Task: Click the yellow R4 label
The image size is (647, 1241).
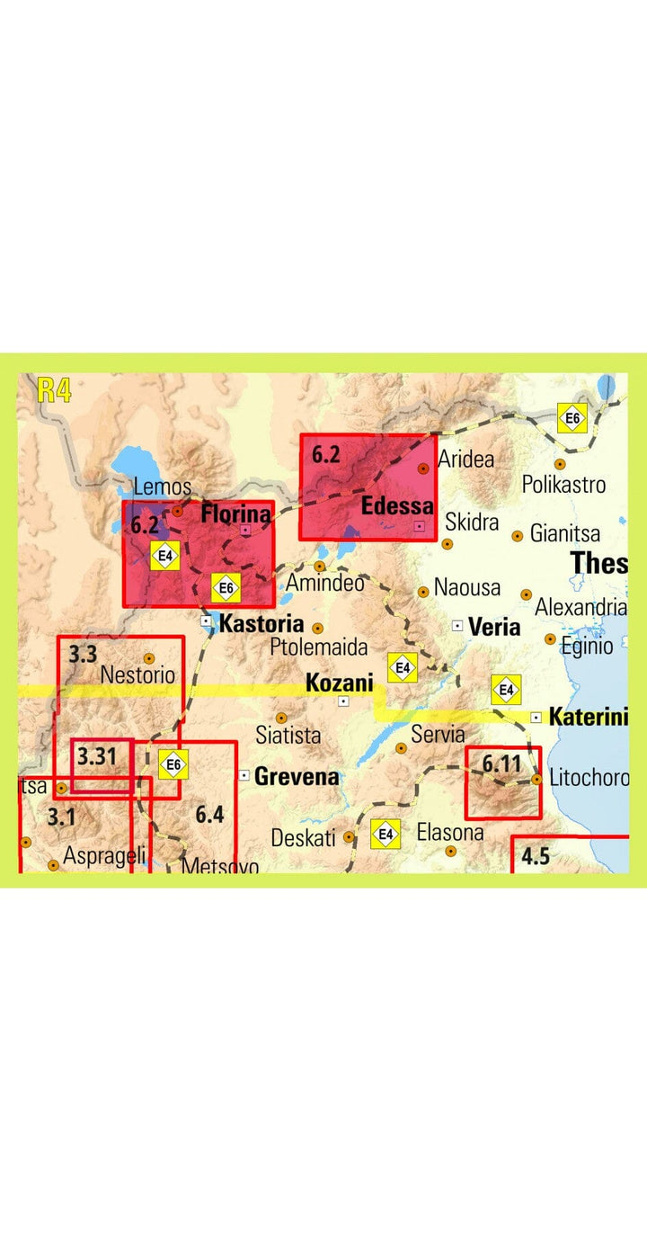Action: click(x=55, y=390)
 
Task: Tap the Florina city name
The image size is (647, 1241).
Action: click(x=235, y=515)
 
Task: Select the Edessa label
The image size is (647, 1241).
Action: click(x=397, y=506)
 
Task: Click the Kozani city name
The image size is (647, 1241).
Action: click(x=340, y=683)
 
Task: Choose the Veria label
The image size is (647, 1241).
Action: click(x=494, y=627)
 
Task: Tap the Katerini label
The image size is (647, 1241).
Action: click(x=588, y=718)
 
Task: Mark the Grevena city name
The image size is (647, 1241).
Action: click(x=297, y=776)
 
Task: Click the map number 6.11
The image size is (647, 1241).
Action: click(x=501, y=764)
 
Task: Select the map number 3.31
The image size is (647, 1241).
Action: click(x=97, y=756)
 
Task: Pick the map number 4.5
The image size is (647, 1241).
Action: click(x=535, y=855)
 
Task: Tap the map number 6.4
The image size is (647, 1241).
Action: click(x=209, y=815)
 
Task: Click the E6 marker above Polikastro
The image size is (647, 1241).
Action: click(x=573, y=418)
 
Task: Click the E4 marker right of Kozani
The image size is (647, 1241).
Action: click(x=403, y=667)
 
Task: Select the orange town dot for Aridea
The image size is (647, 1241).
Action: click(x=423, y=469)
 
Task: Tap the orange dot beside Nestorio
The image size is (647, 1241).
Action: click(x=149, y=658)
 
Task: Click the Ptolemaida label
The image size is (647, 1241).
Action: click(x=319, y=647)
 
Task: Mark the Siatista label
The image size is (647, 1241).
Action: click(x=288, y=735)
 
